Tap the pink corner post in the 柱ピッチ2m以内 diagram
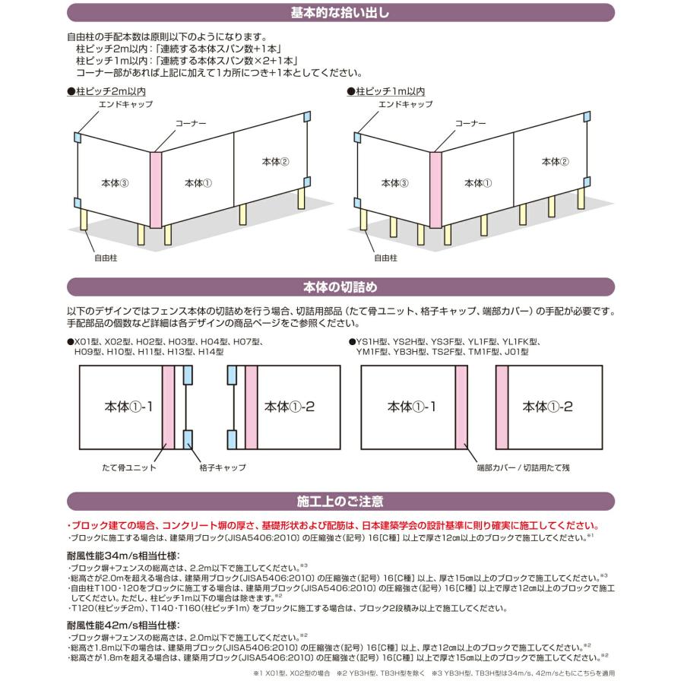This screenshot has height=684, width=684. coord(155,188)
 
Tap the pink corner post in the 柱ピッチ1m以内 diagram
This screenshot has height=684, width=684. coord(436,188)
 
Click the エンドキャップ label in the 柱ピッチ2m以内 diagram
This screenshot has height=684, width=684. coord(126,104)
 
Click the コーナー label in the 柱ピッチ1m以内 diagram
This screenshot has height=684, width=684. coord(470,122)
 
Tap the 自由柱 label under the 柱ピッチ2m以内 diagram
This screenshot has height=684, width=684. coord(106,258)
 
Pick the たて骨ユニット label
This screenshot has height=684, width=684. coord(129,468)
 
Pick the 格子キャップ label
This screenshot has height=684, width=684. coord(223,468)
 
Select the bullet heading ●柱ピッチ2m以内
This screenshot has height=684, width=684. coord(100,91)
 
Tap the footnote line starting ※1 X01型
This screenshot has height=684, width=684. coord(433,673)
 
